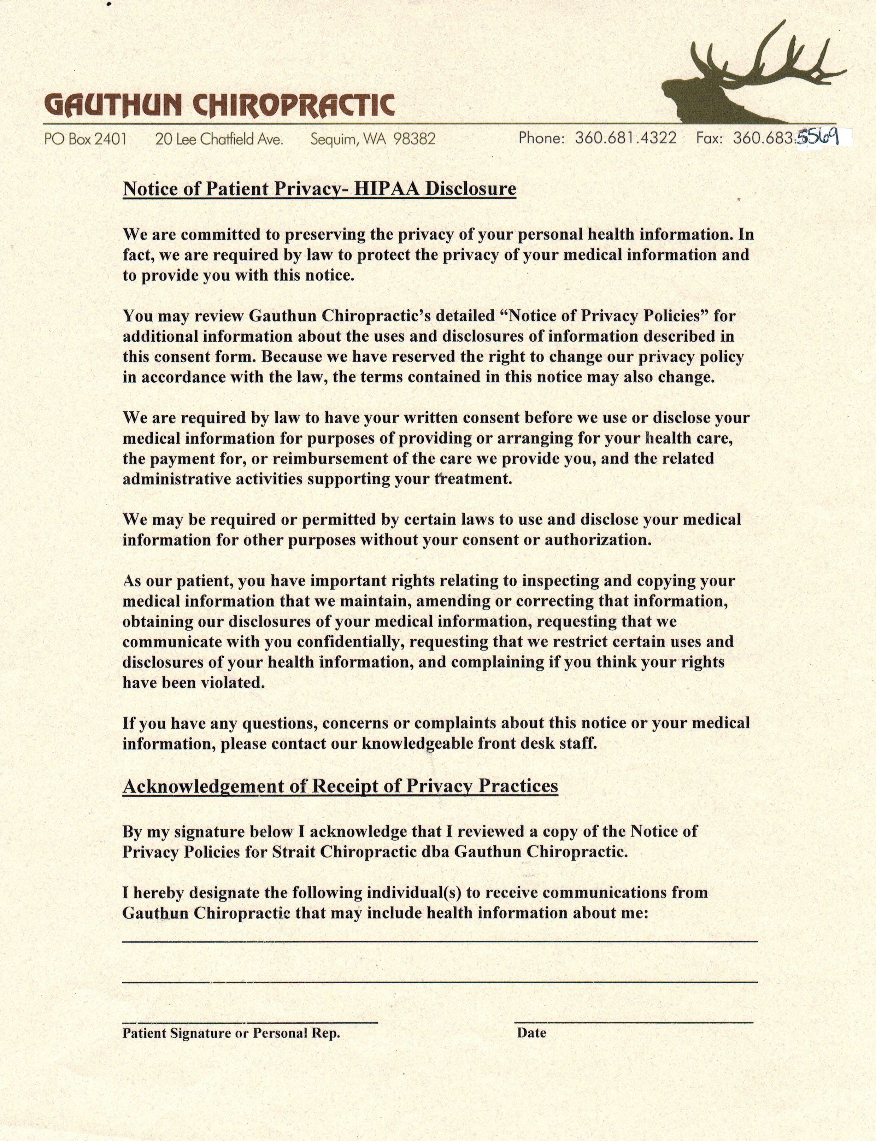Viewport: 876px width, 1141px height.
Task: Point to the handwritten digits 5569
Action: click(x=819, y=137)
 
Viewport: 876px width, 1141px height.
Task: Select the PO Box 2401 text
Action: click(x=86, y=139)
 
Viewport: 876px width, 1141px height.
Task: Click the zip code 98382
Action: click(x=415, y=139)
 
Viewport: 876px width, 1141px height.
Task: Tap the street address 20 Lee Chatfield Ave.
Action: click(x=219, y=139)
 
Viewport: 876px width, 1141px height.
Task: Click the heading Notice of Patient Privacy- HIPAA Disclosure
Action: click(x=319, y=188)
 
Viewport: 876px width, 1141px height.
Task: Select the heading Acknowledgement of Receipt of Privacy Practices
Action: click(x=340, y=786)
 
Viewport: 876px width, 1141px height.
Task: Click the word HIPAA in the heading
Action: click(x=387, y=188)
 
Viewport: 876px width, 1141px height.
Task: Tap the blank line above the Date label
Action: click(x=634, y=1023)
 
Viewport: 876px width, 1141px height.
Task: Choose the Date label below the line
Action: click(x=531, y=1033)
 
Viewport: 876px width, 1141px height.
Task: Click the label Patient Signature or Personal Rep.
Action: click(x=231, y=1034)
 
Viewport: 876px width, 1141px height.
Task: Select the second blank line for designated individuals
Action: click(x=440, y=982)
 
